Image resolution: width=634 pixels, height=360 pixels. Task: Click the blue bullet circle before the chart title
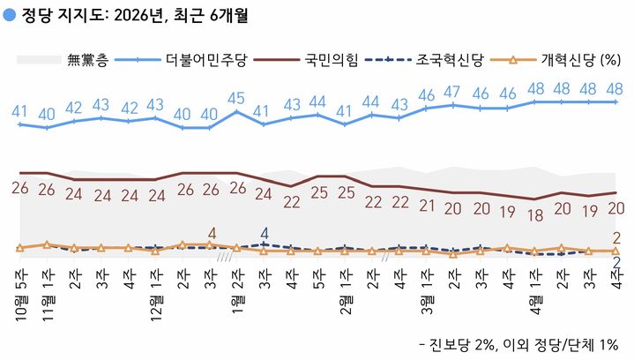click(x=9, y=15)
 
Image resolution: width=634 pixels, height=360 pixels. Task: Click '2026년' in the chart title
click(x=125, y=15)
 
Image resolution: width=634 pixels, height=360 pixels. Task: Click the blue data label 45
click(x=236, y=98)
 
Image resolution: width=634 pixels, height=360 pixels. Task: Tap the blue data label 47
click(x=452, y=92)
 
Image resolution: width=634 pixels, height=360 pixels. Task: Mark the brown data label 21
click(x=427, y=205)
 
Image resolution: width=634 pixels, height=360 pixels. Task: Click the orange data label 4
click(x=211, y=234)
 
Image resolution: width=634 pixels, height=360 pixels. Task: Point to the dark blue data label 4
click(x=264, y=235)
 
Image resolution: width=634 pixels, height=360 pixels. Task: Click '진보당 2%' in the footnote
click(x=457, y=343)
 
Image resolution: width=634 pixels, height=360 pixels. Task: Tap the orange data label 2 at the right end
click(x=616, y=236)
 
